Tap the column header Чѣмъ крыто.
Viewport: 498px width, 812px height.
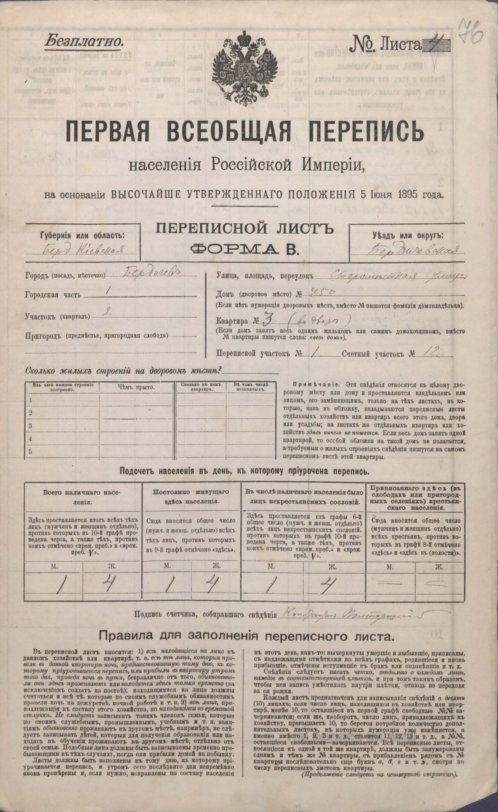[135, 387]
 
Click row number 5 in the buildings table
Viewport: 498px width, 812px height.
[31, 452]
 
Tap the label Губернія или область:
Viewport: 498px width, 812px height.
[82, 235]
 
